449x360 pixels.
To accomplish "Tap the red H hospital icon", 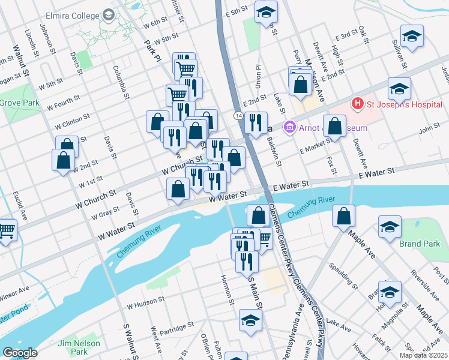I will tap(358, 104).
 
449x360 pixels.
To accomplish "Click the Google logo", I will tap(19, 353).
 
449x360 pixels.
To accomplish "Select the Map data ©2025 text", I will tap(423, 355).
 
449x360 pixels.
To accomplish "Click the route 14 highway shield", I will tap(239, 115).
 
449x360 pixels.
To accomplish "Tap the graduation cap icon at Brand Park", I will tap(390, 227).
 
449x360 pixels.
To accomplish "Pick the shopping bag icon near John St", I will tap(336, 126).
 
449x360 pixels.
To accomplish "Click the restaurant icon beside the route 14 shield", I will tap(256, 122).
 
